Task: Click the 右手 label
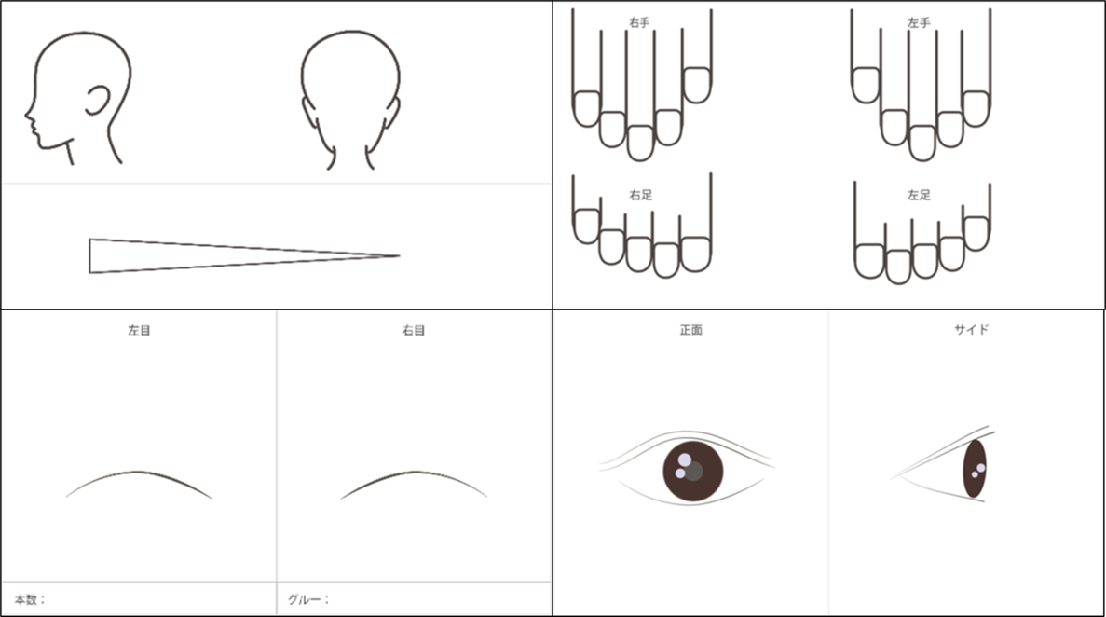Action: (x=639, y=22)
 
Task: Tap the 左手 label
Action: (x=919, y=22)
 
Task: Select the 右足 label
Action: (x=640, y=195)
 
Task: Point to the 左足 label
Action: (x=919, y=195)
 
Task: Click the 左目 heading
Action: (x=139, y=330)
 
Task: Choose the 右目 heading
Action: (x=414, y=330)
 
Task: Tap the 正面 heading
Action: (x=690, y=330)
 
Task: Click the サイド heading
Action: (x=971, y=329)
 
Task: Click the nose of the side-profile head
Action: (x=27, y=113)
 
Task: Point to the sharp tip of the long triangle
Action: (x=399, y=255)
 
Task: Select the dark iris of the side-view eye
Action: (x=974, y=469)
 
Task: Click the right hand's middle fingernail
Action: (x=640, y=143)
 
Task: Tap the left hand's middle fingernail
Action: (x=922, y=143)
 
